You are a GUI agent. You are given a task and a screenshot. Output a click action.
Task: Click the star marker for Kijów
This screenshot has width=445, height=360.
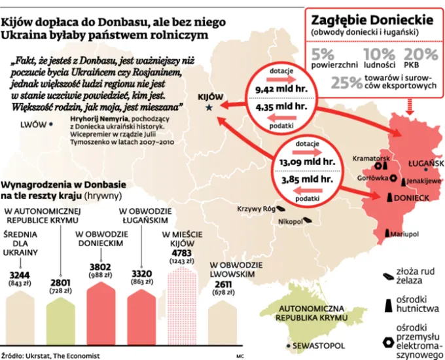[x=209, y=107]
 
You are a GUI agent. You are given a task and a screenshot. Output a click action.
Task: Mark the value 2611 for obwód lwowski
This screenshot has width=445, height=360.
[x=223, y=285]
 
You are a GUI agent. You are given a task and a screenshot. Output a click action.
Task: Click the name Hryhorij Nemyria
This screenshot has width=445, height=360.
[x=98, y=120]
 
